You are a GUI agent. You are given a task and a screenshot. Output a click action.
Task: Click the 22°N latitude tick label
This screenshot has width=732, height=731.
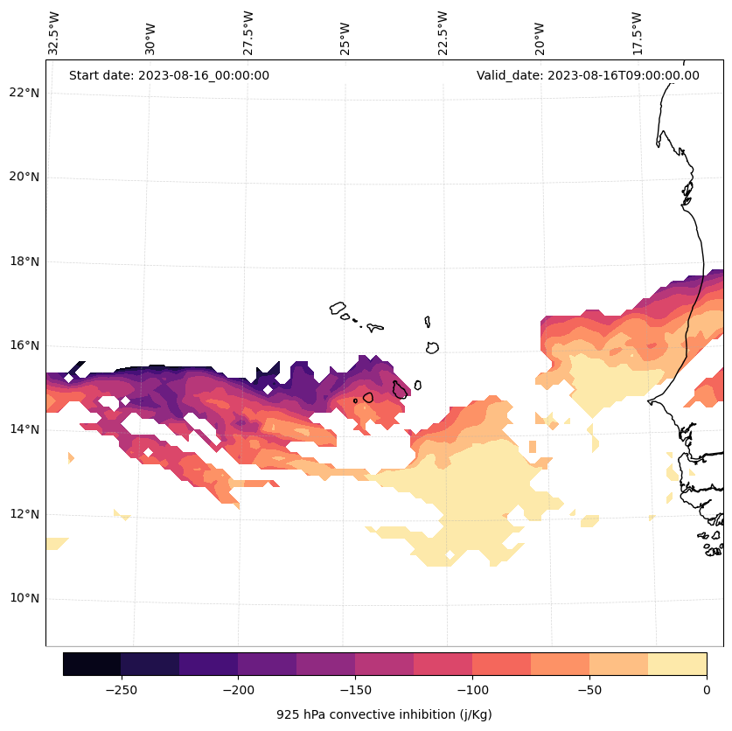point(24,93)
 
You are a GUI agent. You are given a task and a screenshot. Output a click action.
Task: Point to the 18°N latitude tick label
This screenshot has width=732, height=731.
point(24,261)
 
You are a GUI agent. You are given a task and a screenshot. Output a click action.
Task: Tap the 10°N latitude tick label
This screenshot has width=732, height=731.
point(24,599)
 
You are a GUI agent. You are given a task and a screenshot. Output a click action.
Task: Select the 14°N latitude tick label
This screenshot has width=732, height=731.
point(24,430)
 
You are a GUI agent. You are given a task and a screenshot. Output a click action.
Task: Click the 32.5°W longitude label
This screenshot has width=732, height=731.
point(54,33)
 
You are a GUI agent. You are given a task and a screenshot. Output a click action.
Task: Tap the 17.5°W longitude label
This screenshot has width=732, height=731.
point(638,33)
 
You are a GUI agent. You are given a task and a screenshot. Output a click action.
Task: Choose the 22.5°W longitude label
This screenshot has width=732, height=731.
point(443,33)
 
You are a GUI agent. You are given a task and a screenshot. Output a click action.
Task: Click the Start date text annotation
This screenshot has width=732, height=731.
point(169,75)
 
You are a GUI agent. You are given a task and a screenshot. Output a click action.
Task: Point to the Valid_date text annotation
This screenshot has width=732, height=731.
point(588,75)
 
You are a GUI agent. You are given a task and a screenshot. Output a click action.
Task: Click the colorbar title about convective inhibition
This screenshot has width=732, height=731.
point(384,714)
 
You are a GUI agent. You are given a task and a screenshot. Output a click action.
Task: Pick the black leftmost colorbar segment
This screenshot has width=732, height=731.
point(92,664)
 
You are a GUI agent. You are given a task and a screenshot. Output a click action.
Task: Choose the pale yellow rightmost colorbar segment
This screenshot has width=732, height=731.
point(677,664)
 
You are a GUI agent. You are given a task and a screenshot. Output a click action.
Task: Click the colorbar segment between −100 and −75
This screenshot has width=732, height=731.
point(501,664)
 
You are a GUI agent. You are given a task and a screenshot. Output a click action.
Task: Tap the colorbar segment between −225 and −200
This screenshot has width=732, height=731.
point(208,664)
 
